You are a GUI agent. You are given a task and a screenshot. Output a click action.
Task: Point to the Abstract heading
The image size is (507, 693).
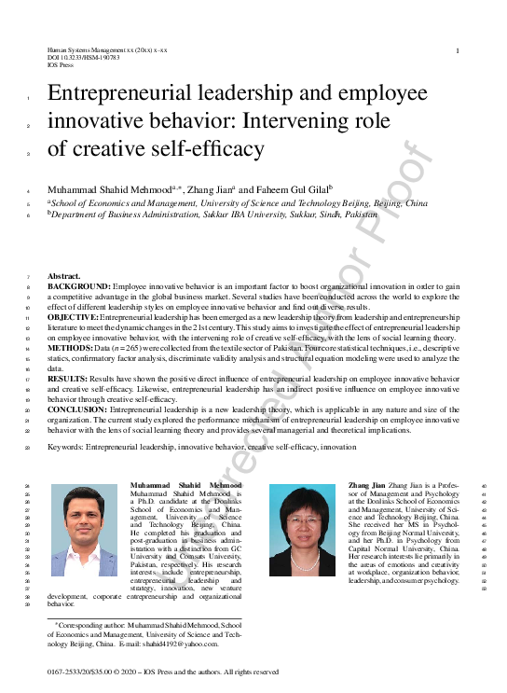pyautogui.click(x=64, y=277)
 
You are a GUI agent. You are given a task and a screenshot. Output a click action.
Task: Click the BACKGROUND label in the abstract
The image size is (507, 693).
pyautogui.click(x=77, y=287)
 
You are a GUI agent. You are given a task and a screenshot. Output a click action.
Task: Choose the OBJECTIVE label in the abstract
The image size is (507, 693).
pyautogui.click(x=73, y=318)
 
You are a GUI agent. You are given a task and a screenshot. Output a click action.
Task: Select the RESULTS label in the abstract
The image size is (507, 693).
pyautogui.click(x=68, y=380)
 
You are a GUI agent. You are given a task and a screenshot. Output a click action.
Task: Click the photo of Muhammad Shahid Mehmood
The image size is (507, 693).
pyautogui.click(x=84, y=530)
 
